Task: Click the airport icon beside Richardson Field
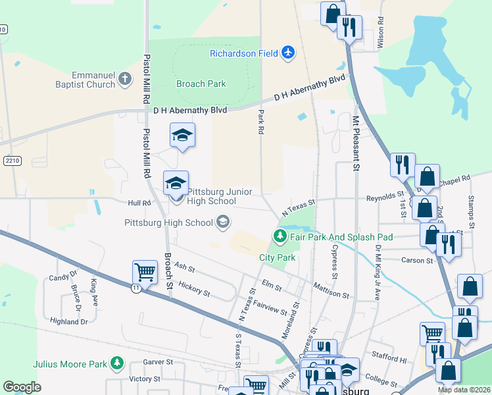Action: pyautogui.click(x=287, y=53)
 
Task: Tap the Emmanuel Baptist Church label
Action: pyautogui.click(x=85, y=80)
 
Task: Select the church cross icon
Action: pyautogui.click(x=126, y=80)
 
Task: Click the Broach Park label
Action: pyautogui.click(x=201, y=84)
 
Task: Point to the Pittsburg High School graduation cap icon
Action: pyautogui.click(x=223, y=223)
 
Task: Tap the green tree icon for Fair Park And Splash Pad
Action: pyautogui.click(x=280, y=236)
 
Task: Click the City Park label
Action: pyautogui.click(x=277, y=257)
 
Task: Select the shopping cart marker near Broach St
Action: pyautogui.click(x=145, y=271)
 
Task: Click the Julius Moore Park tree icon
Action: pyautogui.click(x=117, y=363)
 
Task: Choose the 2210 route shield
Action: pyautogui.click(x=12, y=160)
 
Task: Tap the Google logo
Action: pyautogui.click(x=22, y=387)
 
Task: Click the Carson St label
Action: pyautogui.click(x=417, y=261)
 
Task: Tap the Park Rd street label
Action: pyautogui.click(x=260, y=122)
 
